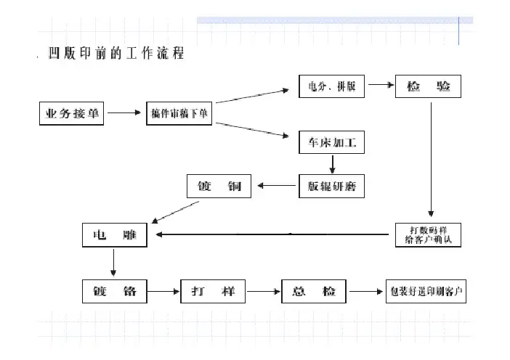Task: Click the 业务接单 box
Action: pos(70,114)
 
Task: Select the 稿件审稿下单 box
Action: pos(179,114)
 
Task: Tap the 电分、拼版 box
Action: pos(331,86)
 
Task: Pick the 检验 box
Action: pos(428,86)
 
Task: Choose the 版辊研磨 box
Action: pos(331,187)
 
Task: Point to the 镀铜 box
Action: pos(219,187)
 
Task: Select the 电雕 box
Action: pos(115,235)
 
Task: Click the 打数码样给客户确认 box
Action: pos(428,234)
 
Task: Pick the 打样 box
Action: pos(213,292)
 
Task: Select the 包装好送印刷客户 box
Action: pos(426,292)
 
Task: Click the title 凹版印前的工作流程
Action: pos(116,54)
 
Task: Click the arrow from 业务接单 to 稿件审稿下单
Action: pos(124,114)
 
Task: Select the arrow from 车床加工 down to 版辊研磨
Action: pos(332,165)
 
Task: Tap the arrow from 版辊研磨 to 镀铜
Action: pos(275,187)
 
